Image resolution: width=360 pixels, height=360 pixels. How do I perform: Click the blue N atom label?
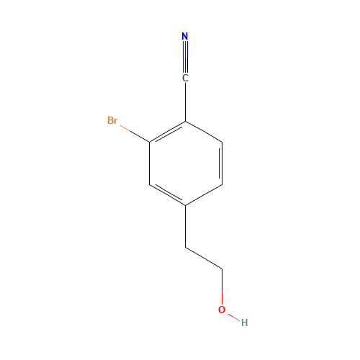pos(185,36)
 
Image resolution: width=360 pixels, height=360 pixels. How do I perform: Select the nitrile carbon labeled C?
pos(185,78)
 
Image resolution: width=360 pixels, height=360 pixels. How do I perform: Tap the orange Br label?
pos(112,120)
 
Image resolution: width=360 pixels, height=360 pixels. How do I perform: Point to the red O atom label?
pos(222,310)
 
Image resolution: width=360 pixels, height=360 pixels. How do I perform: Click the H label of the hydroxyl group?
pos(244,323)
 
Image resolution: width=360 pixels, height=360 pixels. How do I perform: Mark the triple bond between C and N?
pos(185,57)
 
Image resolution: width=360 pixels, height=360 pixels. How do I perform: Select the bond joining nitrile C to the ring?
pos(185,102)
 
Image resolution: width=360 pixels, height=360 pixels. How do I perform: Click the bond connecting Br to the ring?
pos(135,134)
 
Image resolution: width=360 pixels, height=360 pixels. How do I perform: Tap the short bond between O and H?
pos(233,317)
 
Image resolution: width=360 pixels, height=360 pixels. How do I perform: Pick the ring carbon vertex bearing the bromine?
pos(150,143)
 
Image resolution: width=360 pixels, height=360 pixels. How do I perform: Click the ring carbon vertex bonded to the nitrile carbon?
pos(185,122)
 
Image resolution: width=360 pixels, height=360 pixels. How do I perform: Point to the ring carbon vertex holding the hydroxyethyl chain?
pos(185,205)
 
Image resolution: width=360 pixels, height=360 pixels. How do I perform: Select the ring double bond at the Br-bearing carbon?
pos(168,132)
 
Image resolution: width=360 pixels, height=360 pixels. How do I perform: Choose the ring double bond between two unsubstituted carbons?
pos(222,163)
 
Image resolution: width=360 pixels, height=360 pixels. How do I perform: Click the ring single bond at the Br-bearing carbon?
pos(150,163)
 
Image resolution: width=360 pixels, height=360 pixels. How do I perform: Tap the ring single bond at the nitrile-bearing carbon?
pos(204,132)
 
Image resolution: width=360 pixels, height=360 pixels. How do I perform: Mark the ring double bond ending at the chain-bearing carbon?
pos(168,194)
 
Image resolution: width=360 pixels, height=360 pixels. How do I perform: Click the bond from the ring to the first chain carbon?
pos(185,226)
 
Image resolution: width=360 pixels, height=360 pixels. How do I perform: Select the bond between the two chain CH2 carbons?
pos(204,258)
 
